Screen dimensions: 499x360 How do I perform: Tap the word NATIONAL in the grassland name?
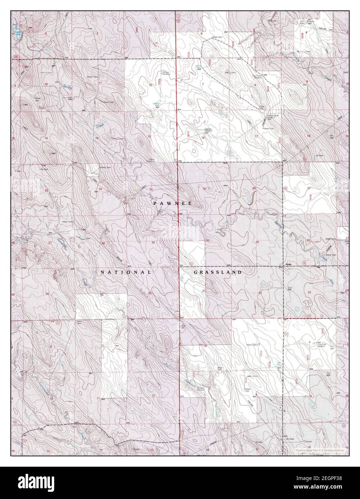pos(125,272)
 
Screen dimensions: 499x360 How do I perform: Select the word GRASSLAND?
pos(218,272)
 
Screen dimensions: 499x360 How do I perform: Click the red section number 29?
pos(257,243)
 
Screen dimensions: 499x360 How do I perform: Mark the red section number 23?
pos(100,189)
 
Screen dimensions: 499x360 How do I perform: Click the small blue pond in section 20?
pos(248,199)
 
